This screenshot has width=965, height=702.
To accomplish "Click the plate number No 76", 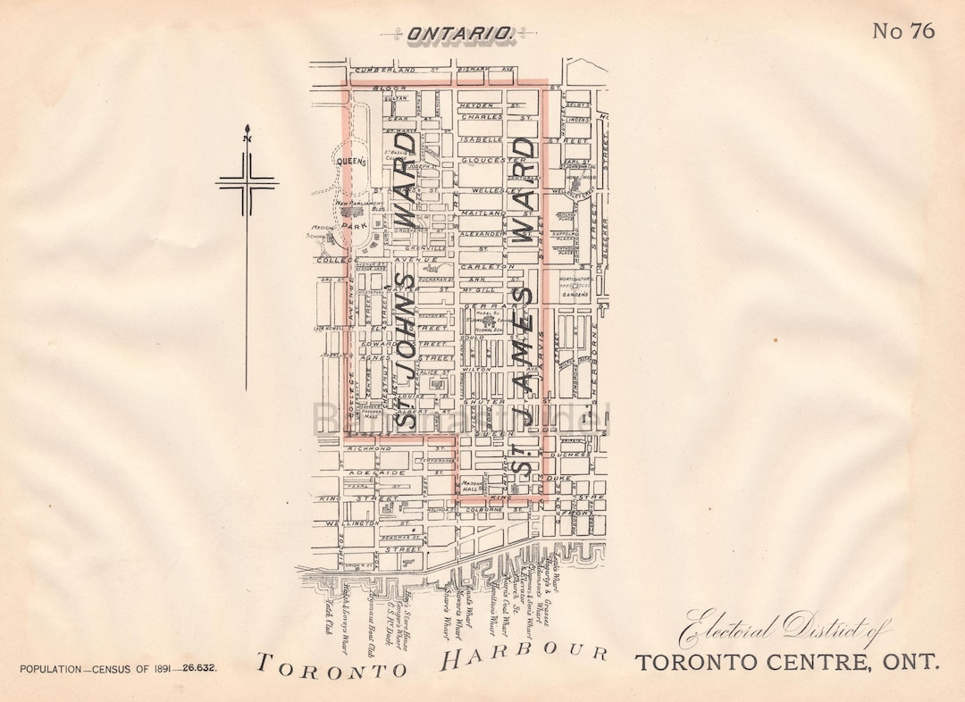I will pos(903,31).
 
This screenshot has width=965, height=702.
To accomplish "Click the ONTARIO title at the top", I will pos(460,34).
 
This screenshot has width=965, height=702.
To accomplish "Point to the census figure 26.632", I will pos(197,668).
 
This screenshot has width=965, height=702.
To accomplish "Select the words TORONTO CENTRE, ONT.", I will pos(787,663).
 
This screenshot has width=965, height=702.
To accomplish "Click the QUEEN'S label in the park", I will pos(352,162).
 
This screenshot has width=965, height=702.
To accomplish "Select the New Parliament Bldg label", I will pos(360,205).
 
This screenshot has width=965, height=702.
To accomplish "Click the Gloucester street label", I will pos(492,159).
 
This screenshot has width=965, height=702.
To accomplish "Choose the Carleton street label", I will pos(487,266).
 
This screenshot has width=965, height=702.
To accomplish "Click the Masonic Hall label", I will pos(472,486).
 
